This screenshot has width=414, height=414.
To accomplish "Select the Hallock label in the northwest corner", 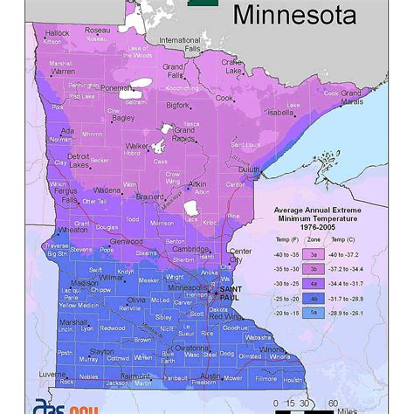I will pos(57,34).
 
